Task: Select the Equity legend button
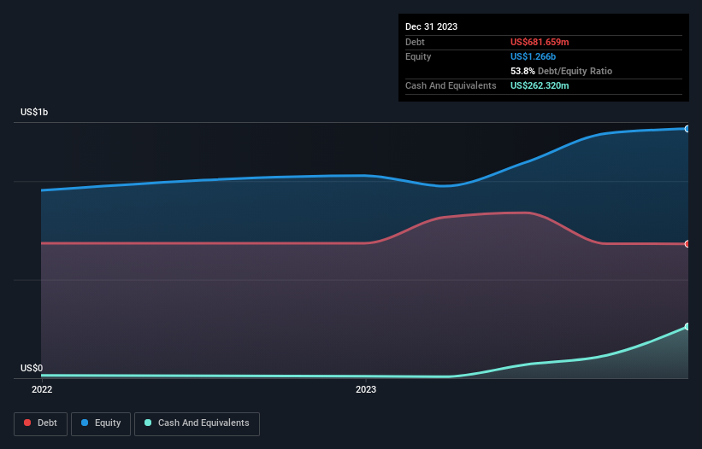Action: pos(100,423)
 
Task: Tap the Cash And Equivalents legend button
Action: pos(197,423)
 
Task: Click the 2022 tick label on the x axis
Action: pos(42,390)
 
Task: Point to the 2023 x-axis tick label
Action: pos(366,390)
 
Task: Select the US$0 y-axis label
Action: pos(32,369)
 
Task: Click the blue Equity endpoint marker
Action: pos(687,129)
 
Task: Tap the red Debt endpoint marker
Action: pos(687,244)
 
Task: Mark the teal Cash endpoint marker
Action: pos(687,327)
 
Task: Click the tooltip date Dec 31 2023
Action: pos(431,26)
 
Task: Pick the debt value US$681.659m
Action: pos(540,42)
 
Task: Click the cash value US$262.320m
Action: pos(540,86)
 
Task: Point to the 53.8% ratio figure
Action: pos(523,71)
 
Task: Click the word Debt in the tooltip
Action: pos(416,42)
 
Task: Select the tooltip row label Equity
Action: pos(418,56)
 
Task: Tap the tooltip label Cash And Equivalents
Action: pos(451,86)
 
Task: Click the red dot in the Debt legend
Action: pos(27,423)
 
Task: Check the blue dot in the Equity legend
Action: pos(85,423)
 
